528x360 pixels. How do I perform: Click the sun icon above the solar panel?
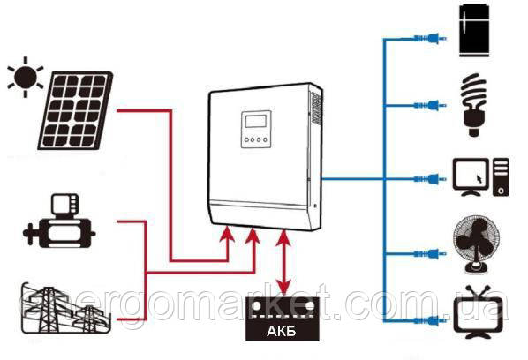click(x=26, y=77)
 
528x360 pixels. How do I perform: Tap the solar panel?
click(x=75, y=110)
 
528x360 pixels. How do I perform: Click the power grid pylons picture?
click(x=66, y=308)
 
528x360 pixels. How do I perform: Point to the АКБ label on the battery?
click(x=282, y=331)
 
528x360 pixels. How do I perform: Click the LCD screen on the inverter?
click(x=258, y=121)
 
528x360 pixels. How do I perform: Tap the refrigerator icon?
click(x=474, y=30)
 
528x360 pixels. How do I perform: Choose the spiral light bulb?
click(x=473, y=105)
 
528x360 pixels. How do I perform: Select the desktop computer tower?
click(x=501, y=177)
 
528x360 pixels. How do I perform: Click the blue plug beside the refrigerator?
click(x=430, y=39)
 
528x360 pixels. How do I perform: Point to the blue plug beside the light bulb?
click(x=430, y=106)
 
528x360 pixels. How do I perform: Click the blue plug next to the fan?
click(x=430, y=254)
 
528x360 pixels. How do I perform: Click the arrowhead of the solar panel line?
click(x=227, y=234)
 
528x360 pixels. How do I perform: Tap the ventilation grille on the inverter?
click(x=316, y=108)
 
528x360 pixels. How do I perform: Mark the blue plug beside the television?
click(x=430, y=321)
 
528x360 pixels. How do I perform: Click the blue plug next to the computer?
click(x=430, y=179)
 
